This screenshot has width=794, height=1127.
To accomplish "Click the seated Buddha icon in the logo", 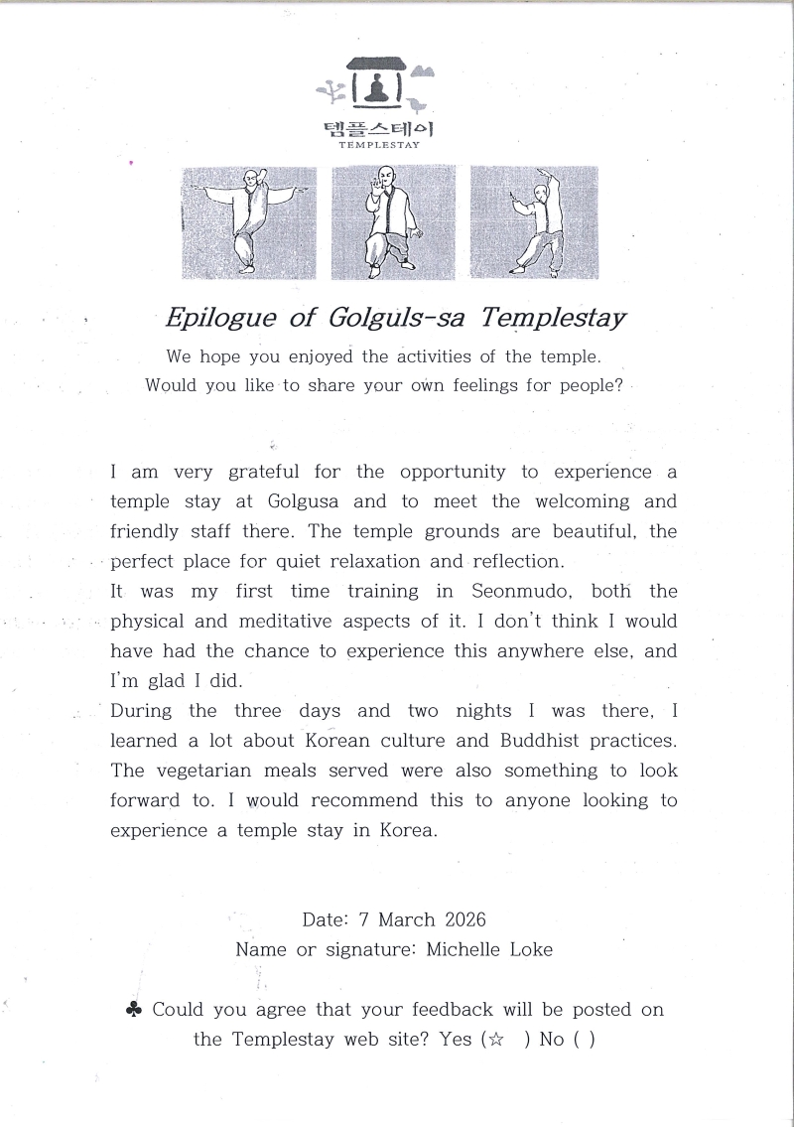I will [x=376, y=90].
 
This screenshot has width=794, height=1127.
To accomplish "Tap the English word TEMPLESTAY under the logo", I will [x=379, y=146].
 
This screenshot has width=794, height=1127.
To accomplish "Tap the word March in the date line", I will [x=407, y=919].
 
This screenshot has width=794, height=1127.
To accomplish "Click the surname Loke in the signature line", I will [x=528, y=949].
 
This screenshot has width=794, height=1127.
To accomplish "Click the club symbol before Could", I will [x=133, y=1010].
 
